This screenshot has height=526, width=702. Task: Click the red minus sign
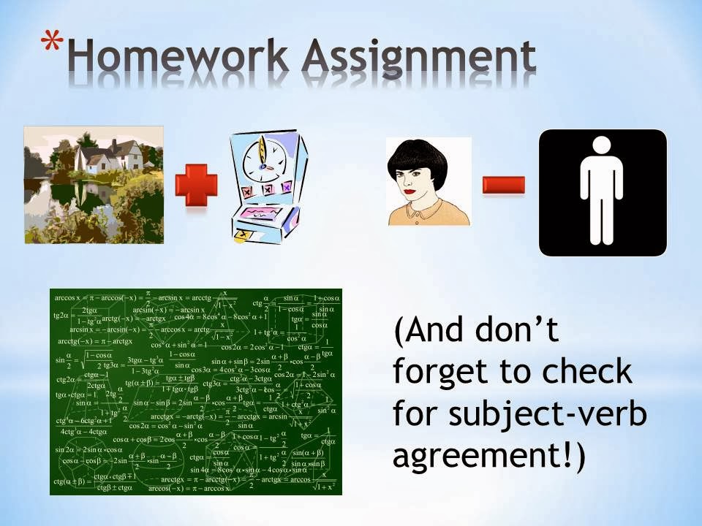(503, 185)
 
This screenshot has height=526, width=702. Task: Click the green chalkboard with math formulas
(195, 391)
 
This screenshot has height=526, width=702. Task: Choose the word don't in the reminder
(524, 331)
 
